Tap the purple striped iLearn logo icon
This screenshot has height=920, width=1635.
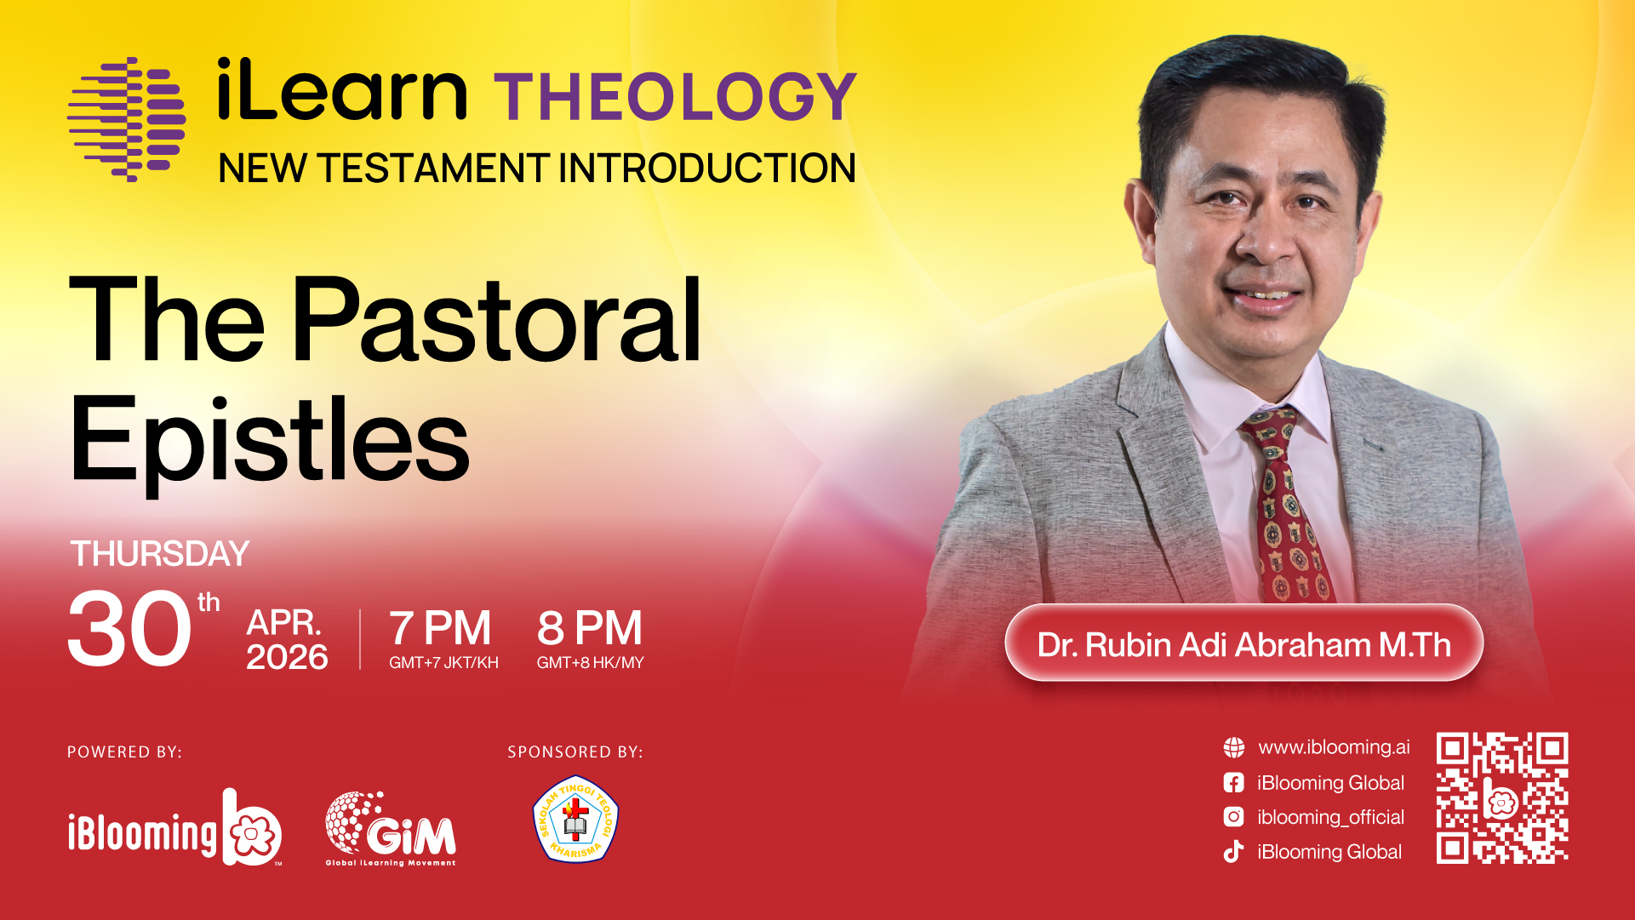(127, 119)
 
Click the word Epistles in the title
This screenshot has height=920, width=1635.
(269, 442)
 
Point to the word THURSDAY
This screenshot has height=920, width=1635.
(160, 554)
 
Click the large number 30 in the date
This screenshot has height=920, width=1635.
(129, 629)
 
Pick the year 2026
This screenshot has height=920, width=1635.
(287, 657)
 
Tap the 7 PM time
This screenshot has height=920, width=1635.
(440, 628)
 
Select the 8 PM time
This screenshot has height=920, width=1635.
(590, 628)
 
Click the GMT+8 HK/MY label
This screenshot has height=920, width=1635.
(590, 662)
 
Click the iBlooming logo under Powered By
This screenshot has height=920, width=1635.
(174, 827)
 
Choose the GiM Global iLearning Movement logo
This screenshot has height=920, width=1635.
(391, 829)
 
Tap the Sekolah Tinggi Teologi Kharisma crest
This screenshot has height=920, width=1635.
(575, 819)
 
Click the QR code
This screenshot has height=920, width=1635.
(1502, 798)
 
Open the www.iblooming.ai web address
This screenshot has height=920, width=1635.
(1334, 747)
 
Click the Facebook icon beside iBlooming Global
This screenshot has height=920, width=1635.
(1233, 783)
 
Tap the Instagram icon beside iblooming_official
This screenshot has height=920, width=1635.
(1233, 817)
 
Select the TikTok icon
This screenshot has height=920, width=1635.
(1233, 852)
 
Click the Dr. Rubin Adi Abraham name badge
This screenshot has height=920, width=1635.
(1243, 643)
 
